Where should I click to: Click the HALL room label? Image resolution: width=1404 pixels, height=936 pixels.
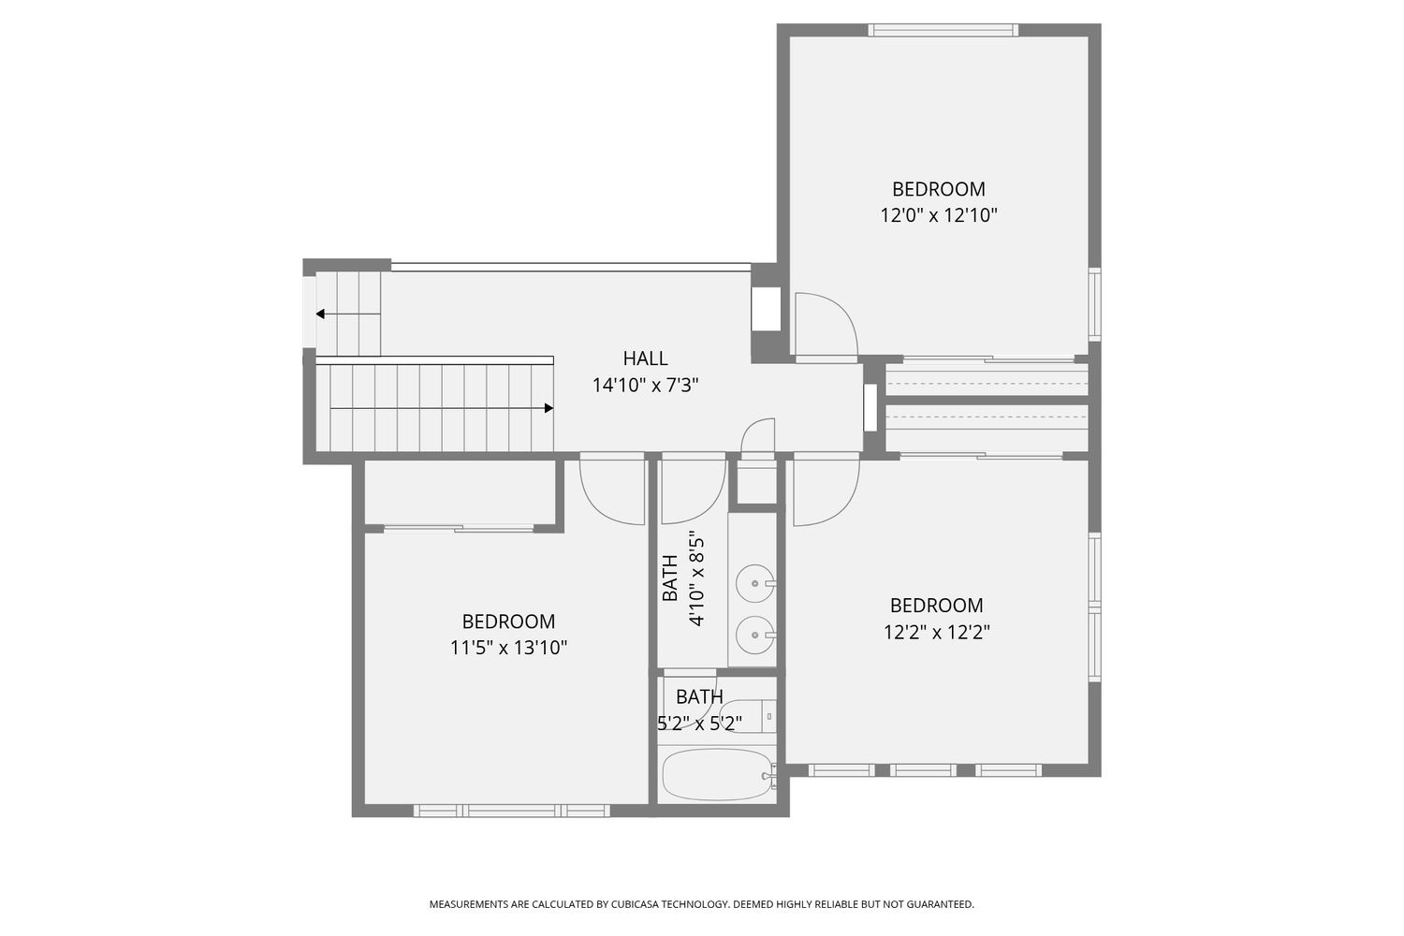[x=645, y=358]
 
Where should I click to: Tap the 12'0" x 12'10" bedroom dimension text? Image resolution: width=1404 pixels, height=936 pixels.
[x=938, y=215]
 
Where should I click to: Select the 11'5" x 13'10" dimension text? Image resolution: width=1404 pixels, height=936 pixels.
[x=508, y=648]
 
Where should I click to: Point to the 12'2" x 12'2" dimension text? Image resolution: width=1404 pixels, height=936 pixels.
[x=936, y=632]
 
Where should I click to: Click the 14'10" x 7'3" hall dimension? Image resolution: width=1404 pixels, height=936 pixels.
[x=646, y=385]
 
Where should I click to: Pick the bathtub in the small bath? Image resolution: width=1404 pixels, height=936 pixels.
[x=717, y=775]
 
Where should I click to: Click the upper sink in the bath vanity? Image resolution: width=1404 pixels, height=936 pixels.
[x=754, y=583]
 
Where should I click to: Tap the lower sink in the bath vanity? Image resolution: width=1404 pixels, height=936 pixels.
[x=754, y=635]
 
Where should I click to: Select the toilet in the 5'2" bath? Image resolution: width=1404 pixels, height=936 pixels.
[x=750, y=715]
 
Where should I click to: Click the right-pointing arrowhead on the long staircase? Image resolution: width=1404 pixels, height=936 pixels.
[x=548, y=408]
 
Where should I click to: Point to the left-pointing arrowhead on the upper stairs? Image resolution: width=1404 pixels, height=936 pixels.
[x=320, y=314]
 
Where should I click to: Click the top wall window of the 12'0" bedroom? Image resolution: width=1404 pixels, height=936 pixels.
[x=943, y=30]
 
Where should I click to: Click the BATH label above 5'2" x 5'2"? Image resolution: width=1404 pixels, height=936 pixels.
[x=699, y=696]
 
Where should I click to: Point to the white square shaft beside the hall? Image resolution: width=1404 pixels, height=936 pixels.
[x=766, y=309]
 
